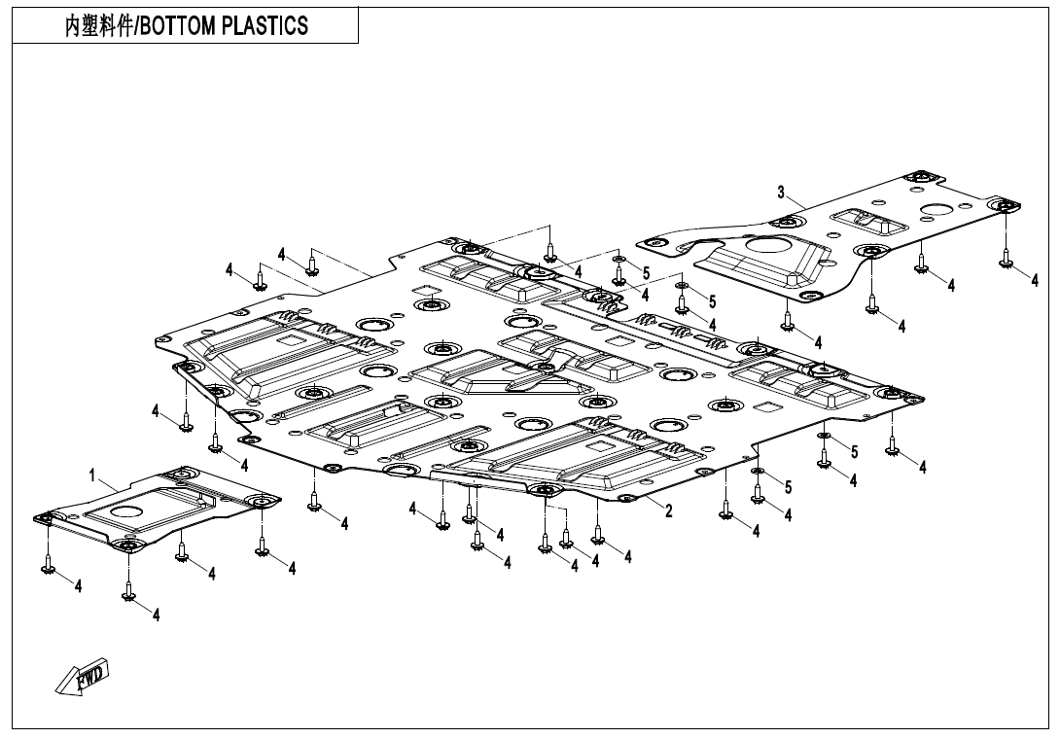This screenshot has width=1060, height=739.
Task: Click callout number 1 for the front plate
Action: point(92,476)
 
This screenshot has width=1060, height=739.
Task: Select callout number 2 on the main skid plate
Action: point(669,510)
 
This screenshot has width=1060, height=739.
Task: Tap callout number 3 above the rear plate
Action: point(782,193)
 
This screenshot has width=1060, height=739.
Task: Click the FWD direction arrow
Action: point(82,676)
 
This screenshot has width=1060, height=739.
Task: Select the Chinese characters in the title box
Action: point(98,26)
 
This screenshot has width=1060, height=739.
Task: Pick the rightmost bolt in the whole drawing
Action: point(1007,257)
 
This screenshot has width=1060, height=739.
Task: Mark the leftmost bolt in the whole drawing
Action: point(49,563)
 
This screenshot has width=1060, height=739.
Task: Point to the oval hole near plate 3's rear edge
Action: point(940,210)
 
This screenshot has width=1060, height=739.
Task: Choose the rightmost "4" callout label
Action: point(1035,280)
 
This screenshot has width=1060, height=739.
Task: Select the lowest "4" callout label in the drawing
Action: point(157,615)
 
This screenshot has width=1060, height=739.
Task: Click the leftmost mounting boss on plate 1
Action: point(43,518)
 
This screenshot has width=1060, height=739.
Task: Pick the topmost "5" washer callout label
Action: point(647,273)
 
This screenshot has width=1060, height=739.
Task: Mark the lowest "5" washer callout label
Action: point(788,487)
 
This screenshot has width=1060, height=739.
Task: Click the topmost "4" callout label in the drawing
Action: point(282,255)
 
